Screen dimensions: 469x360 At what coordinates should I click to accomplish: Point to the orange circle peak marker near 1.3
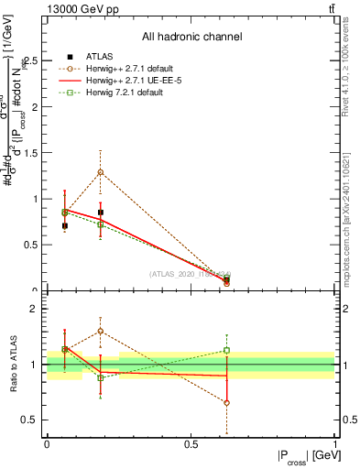[x=101, y=172]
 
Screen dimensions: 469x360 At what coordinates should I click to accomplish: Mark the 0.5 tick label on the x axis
[x=191, y=443]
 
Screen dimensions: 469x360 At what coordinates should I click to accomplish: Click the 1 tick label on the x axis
[x=334, y=443]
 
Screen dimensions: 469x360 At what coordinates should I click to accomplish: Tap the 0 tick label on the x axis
[x=47, y=443]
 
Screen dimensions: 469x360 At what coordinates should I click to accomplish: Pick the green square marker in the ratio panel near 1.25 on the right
[x=226, y=350]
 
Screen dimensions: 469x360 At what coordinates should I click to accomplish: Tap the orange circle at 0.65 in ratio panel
[x=226, y=402]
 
